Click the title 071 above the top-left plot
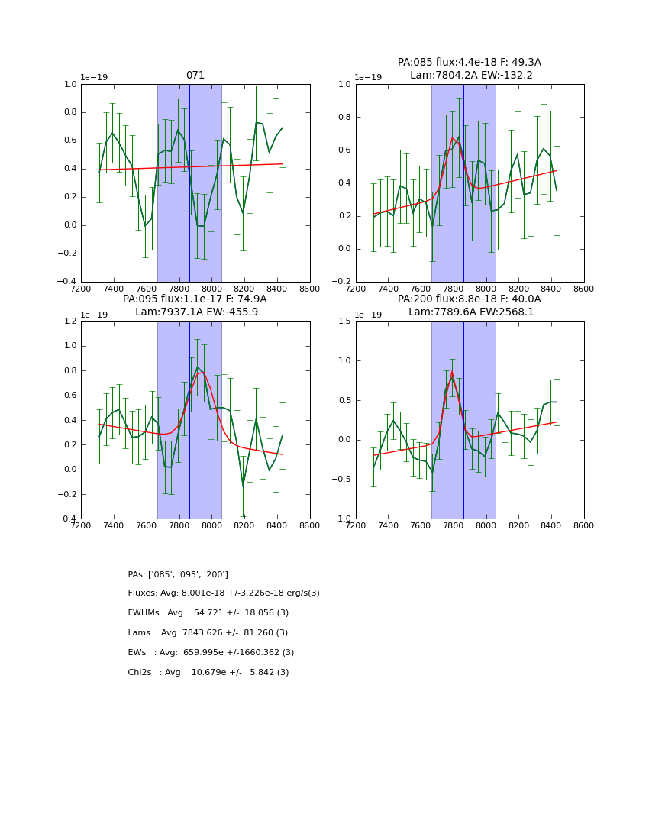coord(195,76)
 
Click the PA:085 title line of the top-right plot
coord(469,63)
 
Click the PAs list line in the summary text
coord(178,574)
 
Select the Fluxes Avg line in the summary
coord(224,593)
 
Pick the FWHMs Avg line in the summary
coord(208,613)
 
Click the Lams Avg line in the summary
coord(208,633)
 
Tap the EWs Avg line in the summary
coord(211,653)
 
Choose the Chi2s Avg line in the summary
coord(208,673)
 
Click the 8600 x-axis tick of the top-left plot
coord(309,289)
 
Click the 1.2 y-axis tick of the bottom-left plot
coord(69,321)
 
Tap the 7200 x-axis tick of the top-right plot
coord(356,289)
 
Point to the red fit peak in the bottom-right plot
coord(452,372)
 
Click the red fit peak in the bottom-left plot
coord(201,372)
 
